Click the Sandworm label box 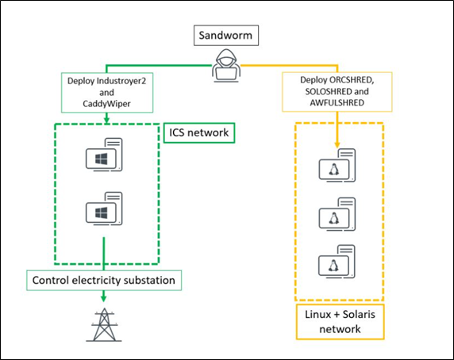click(x=226, y=35)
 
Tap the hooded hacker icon click(x=226, y=66)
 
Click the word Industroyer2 click(x=121, y=81)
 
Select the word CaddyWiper click(x=106, y=104)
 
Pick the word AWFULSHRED click(x=337, y=102)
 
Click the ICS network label click(x=199, y=132)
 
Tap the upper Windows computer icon click(x=104, y=155)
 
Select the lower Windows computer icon click(x=104, y=209)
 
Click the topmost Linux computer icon click(x=337, y=166)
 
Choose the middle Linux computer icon click(x=337, y=214)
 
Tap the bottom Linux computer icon click(x=337, y=262)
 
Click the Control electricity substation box click(x=104, y=280)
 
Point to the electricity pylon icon click(x=104, y=325)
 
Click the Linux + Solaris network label click(x=340, y=322)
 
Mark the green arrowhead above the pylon click(x=104, y=298)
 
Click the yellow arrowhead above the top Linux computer click(x=337, y=145)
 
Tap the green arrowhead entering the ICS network click(x=106, y=120)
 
